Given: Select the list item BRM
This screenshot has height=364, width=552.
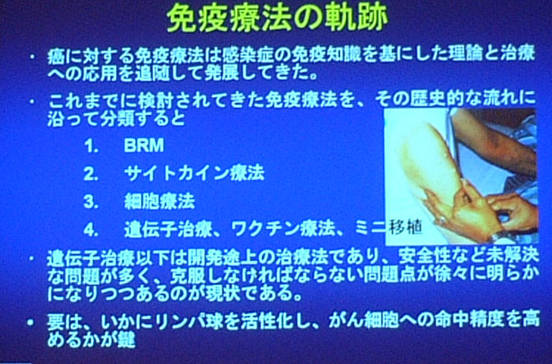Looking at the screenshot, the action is click(x=144, y=145).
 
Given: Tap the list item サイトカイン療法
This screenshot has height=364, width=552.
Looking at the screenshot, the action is click(x=194, y=173).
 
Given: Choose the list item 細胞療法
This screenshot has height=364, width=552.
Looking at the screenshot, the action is click(x=159, y=201).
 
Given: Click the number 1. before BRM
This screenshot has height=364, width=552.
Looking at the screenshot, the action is click(x=91, y=146).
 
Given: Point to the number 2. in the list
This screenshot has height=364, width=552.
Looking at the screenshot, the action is click(x=91, y=174).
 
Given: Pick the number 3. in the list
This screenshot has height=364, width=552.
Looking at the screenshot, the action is click(x=91, y=202).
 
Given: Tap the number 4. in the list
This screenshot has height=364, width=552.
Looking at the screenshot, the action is click(x=91, y=230).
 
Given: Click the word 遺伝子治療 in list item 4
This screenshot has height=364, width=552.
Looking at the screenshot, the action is click(x=168, y=229).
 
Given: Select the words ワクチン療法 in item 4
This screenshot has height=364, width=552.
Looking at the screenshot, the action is click(x=282, y=229).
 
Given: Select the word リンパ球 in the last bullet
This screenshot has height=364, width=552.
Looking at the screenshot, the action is click(x=182, y=321).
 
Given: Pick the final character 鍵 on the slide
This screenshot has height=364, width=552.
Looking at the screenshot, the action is click(x=127, y=340).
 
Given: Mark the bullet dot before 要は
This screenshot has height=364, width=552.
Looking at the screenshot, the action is click(x=32, y=322).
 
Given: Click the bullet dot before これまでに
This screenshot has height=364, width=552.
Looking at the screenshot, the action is click(x=32, y=102).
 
